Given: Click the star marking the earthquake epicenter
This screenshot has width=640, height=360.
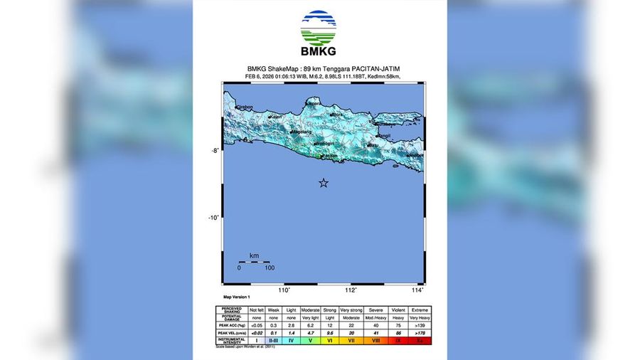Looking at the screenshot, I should coord(324,183).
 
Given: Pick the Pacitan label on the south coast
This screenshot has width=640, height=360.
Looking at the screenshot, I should coord(329,156).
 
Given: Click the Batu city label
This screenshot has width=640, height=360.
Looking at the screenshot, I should coord(372,146).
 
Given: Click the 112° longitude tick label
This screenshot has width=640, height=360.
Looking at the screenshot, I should coord(351,290).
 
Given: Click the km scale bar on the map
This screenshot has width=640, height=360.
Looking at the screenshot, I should coord(254,261).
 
